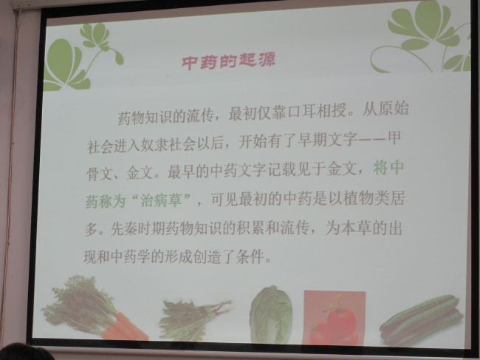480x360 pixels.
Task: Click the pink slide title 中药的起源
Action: (228, 61)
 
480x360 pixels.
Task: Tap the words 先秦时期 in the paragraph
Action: (138, 228)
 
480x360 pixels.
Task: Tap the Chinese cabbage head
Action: (270, 313)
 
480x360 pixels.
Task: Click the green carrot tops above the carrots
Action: (80, 303)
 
